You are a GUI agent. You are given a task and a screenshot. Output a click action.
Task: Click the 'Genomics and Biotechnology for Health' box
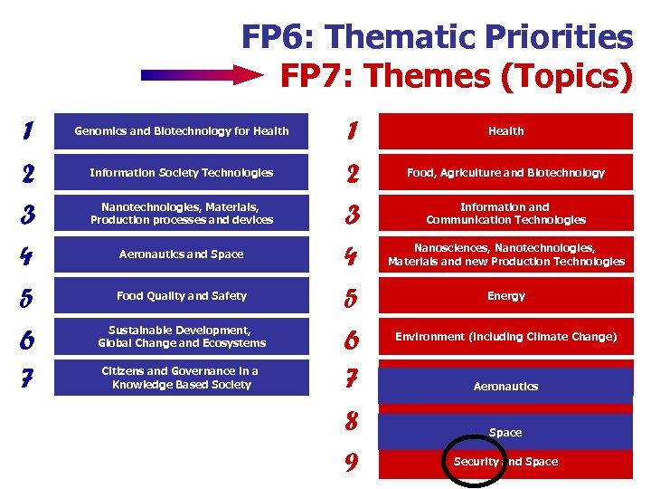tap(182, 131)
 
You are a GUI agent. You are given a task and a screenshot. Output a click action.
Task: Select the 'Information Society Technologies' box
tap(182, 173)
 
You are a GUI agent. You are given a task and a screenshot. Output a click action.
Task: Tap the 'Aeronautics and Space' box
tap(182, 254)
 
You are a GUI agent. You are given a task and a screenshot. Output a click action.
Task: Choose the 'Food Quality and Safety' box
tap(182, 296)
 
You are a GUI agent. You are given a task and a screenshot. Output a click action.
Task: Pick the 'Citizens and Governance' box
tap(182, 378)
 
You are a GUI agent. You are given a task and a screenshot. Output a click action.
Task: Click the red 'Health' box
tap(505, 131)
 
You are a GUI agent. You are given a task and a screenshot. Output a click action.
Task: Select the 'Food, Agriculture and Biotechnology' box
tap(505, 173)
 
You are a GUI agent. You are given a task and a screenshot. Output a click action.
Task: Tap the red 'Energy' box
tap(505, 296)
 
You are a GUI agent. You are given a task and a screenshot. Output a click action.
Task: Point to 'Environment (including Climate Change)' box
tap(505, 337)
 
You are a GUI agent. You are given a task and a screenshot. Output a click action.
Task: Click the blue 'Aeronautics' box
tap(505, 386)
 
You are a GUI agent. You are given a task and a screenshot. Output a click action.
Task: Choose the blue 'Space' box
tap(505, 432)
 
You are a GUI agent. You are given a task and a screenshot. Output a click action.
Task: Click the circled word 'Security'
tap(476, 462)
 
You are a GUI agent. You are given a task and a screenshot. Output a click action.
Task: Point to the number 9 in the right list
tap(353, 464)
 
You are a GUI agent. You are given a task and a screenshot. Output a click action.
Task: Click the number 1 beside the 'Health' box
tap(353, 132)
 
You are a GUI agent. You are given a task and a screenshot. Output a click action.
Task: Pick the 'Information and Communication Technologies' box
tap(505, 214)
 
